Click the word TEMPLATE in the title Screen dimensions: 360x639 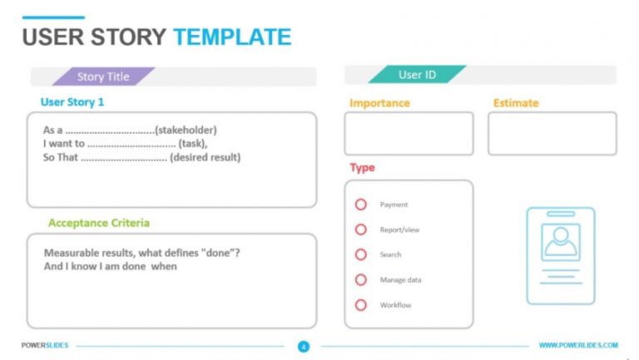tap(232, 37)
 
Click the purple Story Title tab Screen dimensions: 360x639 tap(103, 76)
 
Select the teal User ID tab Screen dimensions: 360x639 tap(417, 75)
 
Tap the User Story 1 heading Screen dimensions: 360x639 tap(72, 102)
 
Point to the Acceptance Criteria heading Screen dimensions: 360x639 tap(99, 223)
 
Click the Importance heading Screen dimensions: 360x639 tap(379, 103)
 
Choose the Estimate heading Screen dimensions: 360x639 tap(515, 103)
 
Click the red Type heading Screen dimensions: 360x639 tap(362, 168)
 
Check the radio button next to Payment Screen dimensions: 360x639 tap(361, 205)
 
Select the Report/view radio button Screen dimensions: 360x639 tap(361, 229)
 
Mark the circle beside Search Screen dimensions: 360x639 tap(361, 254)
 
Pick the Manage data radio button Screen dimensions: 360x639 tap(361, 280)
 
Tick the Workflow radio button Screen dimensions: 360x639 tap(361, 305)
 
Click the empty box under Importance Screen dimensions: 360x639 tap(409, 134)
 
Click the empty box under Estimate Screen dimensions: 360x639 tap(552, 134)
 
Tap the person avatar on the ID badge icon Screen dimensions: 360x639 tap(560, 242)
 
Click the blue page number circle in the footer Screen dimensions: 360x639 tap(304, 346)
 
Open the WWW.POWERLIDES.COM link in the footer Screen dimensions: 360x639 tap(578, 345)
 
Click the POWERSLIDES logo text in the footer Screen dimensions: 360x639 tap(45, 345)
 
